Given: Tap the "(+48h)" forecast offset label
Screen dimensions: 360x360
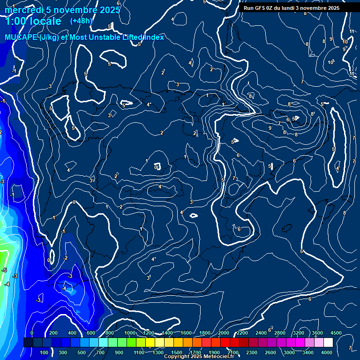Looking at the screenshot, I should click(x=81, y=21).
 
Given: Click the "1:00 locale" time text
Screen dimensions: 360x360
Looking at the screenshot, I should click(x=33, y=22).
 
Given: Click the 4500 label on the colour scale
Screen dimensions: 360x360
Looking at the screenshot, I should click(x=336, y=333).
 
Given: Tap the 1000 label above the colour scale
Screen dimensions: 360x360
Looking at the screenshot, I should click(x=130, y=333).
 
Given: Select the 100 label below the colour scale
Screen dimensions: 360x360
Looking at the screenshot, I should click(x=44, y=352).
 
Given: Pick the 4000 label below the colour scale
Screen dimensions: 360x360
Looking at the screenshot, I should click(x=327, y=352).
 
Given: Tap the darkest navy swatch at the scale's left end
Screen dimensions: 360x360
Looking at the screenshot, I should click(x=28, y=343).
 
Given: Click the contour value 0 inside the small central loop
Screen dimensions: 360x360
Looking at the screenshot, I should click(x=156, y=167).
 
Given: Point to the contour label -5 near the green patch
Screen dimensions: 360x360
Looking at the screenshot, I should click(x=4, y=270).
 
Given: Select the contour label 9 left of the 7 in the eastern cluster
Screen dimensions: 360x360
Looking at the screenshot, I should click(x=270, y=128).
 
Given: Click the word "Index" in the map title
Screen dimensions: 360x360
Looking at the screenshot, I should click(x=154, y=37).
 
